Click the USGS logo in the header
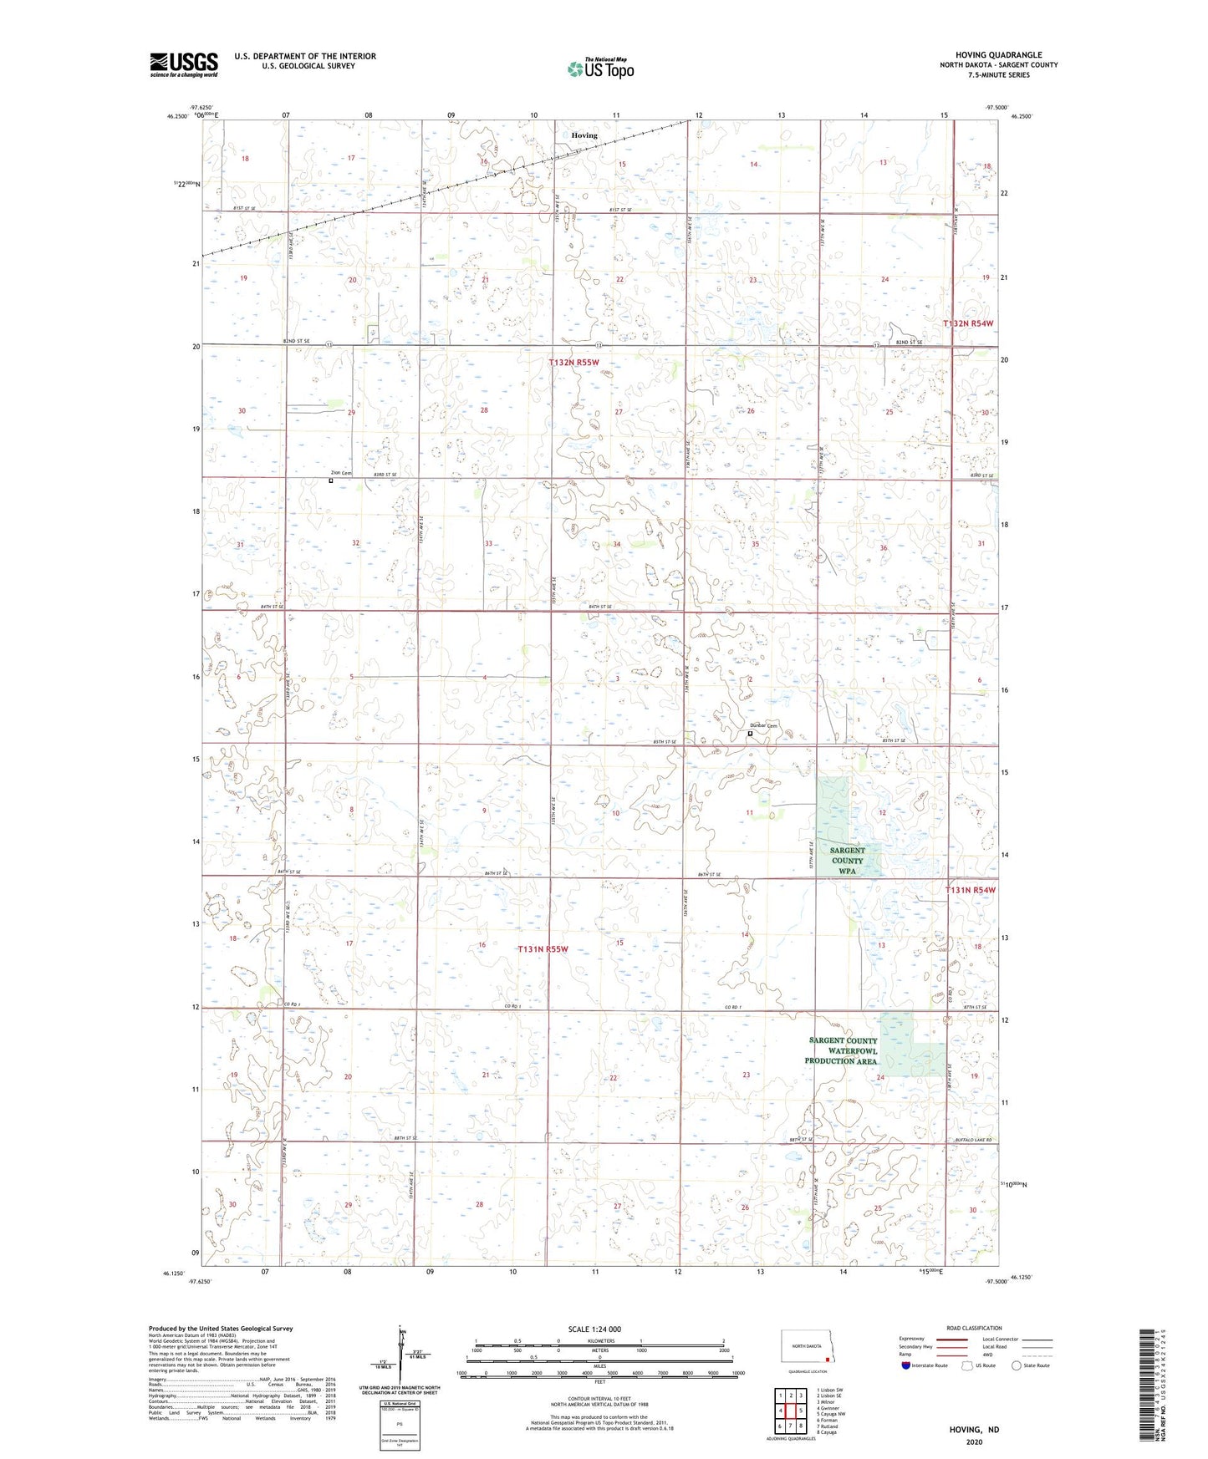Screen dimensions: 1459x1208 point(184,64)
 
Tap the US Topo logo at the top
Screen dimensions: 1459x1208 point(599,69)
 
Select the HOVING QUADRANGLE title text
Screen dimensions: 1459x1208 point(998,55)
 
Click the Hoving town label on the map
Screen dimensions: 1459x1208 point(584,135)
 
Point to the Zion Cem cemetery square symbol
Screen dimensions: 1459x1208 point(331,480)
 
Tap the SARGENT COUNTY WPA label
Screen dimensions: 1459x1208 point(847,860)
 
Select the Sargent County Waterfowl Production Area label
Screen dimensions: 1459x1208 point(841,1050)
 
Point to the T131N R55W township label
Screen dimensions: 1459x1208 point(543,949)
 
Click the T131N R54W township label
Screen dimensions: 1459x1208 point(970,890)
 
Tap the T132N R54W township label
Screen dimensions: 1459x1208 point(969,323)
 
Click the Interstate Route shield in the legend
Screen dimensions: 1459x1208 point(906,1365)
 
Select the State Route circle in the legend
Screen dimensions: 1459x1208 point(1017,1365)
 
